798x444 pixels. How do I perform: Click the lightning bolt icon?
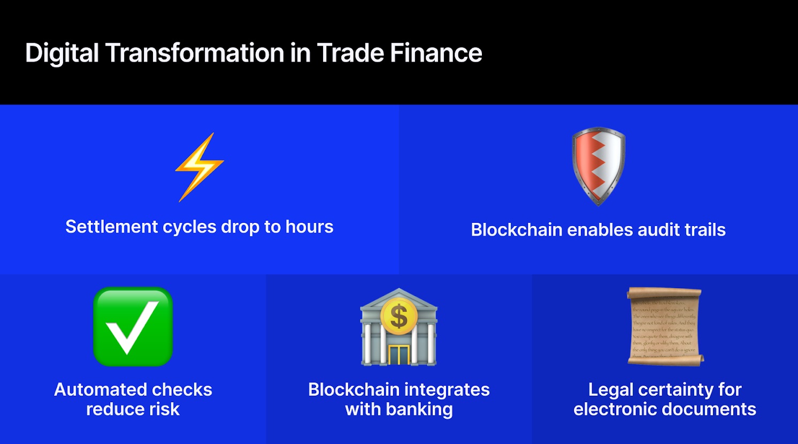[x=199, y=167]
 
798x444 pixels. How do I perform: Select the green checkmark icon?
[x=133, y=327]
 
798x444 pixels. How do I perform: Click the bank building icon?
[x=398, y=327]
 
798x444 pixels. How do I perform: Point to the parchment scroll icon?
[x=665, y=326]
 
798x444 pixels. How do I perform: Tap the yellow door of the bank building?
[x=398, y=354]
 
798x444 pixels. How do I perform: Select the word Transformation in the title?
[x=195, y=53]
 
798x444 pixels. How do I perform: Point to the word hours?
[x=309, y=227]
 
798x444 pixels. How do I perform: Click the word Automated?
[x=96, y=389]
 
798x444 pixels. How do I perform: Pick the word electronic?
[x=615, y=409]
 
